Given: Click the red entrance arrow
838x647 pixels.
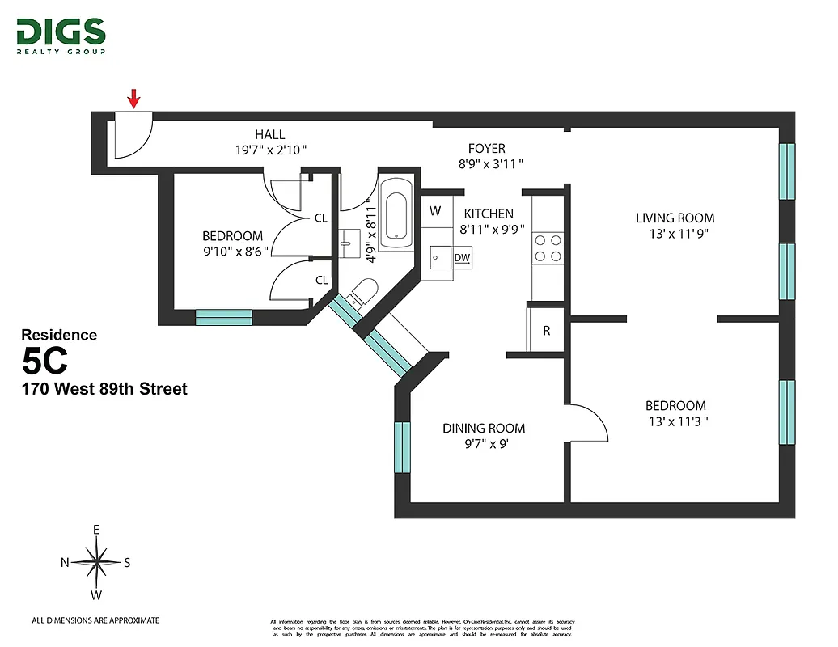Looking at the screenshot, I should pyautogui.click(x=133, y=99).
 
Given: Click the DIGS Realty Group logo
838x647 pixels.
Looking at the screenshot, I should pyautogui.click(x=61, y=36).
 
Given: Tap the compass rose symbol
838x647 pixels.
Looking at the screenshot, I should pyautogui.click(x=96, y=562).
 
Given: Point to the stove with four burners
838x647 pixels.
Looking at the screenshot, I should pyautogui.click(x=546, y=248).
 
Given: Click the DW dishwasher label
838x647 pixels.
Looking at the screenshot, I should pyautogui.click(x=462, y=258).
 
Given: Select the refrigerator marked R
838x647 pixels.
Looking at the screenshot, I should pyautogui.click(x=547, y=330).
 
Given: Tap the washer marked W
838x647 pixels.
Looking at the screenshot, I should pyautogui.click(x=435, y=211).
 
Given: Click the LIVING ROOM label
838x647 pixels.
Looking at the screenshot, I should pyautogui.click(x=675, y=218).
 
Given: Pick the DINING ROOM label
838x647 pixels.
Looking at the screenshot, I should pyautogui.click(x=483, y=429).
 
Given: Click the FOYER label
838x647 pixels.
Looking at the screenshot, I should pyautogui.click(x=486, y=149).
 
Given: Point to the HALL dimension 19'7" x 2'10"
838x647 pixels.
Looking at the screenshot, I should pyautogui.click(x=269, y=150).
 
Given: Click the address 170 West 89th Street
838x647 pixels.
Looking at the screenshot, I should pyautogui.click(x=104, y=389).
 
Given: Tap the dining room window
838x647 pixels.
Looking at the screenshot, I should pyautogui.click(x=402, y=448).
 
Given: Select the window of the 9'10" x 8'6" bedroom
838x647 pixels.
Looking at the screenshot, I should pyautogui.click(x=224, y=317).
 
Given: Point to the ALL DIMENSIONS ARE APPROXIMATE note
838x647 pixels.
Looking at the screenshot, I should pyautogui.click(x=95, y=620).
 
